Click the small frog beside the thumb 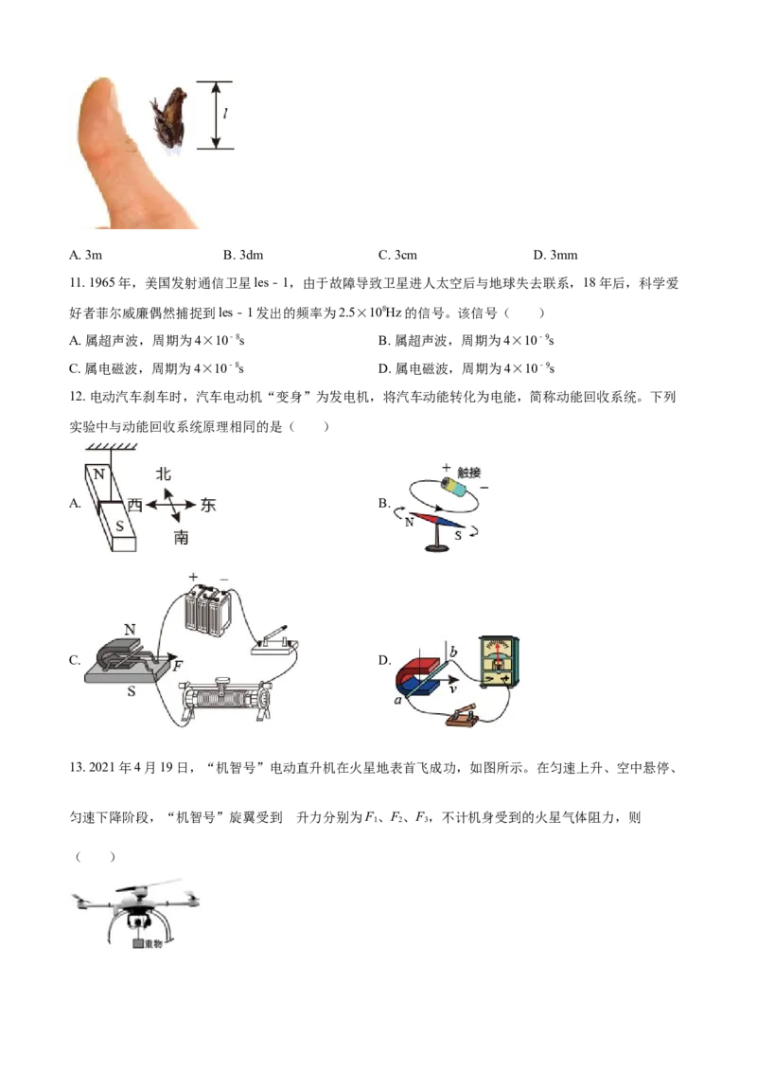click(169, 119)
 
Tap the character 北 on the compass click(164, 474)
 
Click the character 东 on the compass click(208, 506)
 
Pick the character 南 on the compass click(181, 538)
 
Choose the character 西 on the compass click(134, 506)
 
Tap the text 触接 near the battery click(469, 471)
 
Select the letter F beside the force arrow click(177, 667)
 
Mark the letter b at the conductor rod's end click(453, 652)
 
